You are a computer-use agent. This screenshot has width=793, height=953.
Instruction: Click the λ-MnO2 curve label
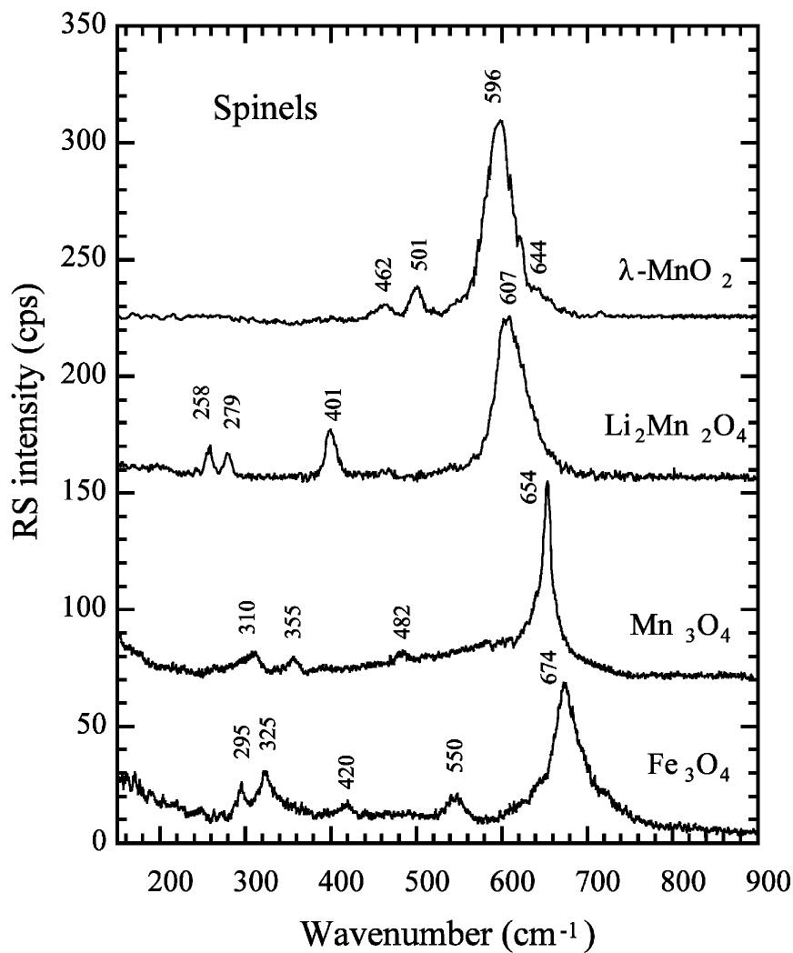tap(672, 270)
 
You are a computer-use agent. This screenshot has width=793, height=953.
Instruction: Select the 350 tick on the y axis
tap(88, 27)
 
